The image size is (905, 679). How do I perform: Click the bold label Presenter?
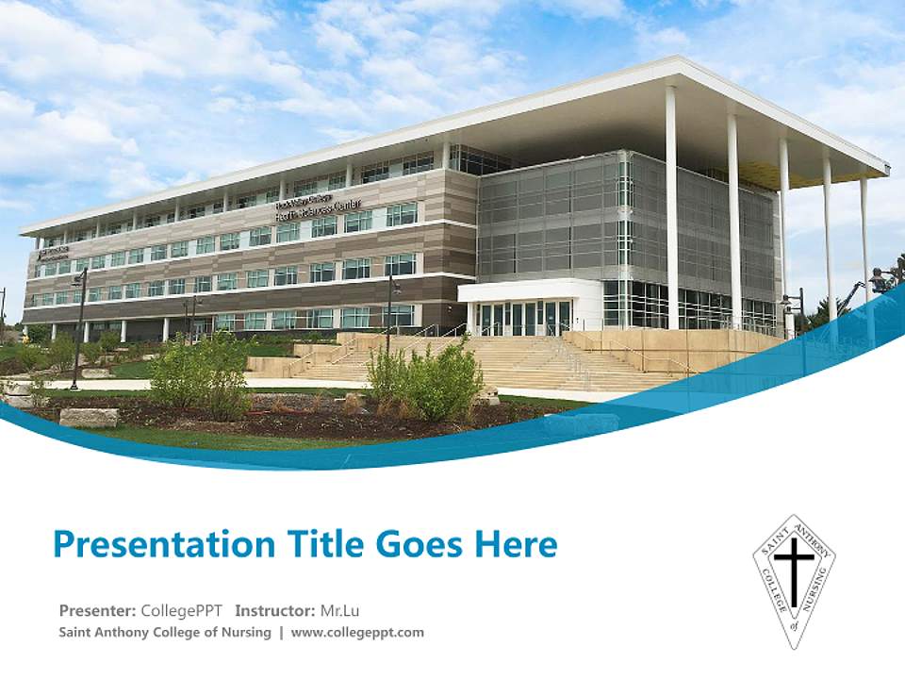tap(97, 610)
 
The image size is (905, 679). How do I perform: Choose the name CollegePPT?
tap(181, 610)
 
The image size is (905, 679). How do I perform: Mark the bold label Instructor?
tap(275, 610)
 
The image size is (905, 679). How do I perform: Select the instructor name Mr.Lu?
tap(340, 610)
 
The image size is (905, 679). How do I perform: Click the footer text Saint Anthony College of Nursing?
tap(165, 632)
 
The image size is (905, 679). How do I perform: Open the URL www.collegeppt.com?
tap(357, 632)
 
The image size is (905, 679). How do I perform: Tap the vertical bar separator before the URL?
tap(281, 632)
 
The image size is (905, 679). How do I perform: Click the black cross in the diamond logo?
tap(795, 571)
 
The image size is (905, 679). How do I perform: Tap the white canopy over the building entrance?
tap(528, 290)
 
